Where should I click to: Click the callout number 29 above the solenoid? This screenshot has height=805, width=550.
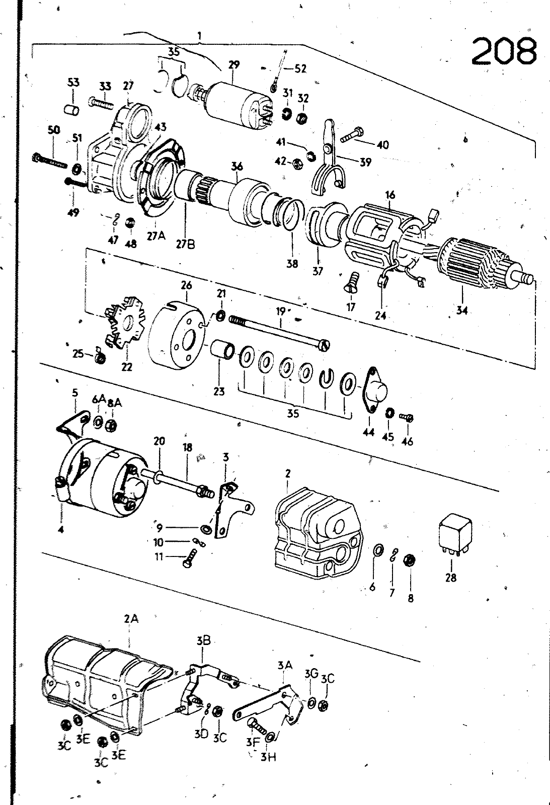pos(233,65)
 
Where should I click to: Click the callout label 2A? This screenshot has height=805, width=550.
pos(130,620)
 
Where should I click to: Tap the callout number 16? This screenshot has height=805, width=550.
pos(390,195)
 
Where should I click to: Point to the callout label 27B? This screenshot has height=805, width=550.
pos(186,244)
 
